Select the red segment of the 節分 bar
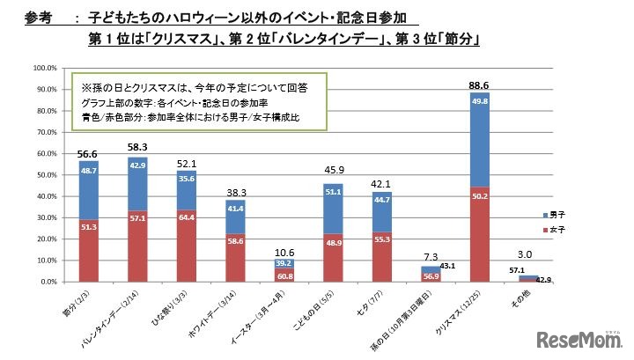90,250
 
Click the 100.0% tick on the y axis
44,68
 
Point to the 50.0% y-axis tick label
46,174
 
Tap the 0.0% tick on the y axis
48,282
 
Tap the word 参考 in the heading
40,17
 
